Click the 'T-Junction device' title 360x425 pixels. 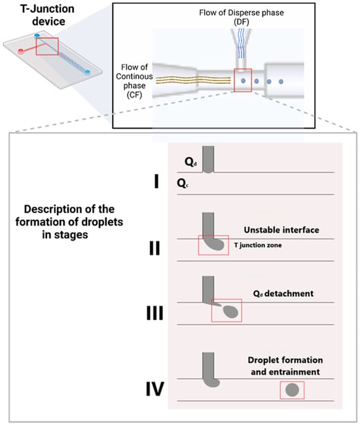(x=47, y=15)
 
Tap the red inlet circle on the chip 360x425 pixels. (x=20, y=51)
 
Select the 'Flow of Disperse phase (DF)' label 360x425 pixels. (x=242, y=17)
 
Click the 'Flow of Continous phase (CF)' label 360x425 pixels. (x=134, y=81)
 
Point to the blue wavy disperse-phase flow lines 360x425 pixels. (x=241, y=43)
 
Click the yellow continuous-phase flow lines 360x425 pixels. (x=193, y=80)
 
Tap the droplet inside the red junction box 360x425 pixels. (x=243, y=81)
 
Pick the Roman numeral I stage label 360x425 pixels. (x=156, y=181)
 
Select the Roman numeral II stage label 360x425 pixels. (x=154, y=248)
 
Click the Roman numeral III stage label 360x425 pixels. (x=155, y=313)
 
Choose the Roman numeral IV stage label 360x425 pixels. (x=155, y=389)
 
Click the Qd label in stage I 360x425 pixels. (x=190, y=161)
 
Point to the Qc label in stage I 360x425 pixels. (x=183, y=183)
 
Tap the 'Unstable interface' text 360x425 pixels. (x=281, y=230)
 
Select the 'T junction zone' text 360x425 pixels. (x=258, y=245)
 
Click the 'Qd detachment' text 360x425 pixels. (x=283, y=294)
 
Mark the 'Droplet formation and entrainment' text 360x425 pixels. (x=285, y=366)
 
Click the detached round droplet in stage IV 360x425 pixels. (x=292, y=390)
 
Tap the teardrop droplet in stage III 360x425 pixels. (x=231, y=311)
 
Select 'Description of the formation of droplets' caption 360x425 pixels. (x=69, y=216)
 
